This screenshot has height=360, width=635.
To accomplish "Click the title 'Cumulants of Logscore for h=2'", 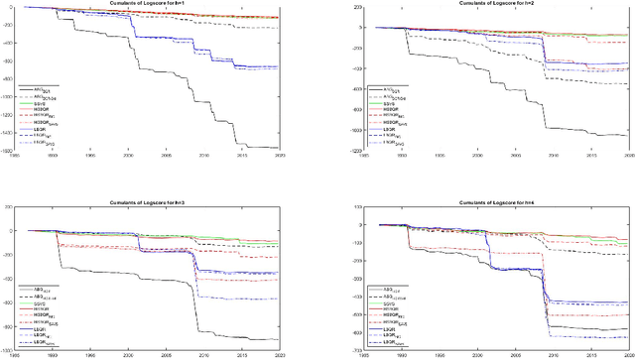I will [472, 3].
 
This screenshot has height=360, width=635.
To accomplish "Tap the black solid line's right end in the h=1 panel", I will [277, 148].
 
